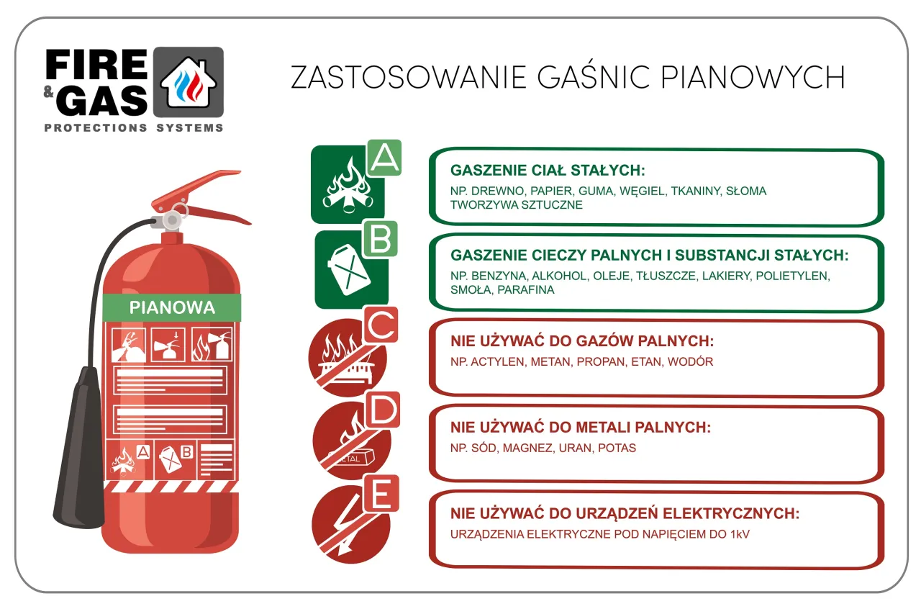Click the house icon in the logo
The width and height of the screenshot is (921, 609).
point(188,81)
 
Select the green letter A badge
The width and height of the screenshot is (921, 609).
point(384,158)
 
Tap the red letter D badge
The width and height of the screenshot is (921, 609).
point(381,410)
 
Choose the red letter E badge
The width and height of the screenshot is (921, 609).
point(381,494)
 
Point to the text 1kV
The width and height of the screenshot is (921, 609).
point(739,534)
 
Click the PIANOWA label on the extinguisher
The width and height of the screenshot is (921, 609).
point(172,307)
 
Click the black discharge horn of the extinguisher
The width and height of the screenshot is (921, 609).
point(78,453)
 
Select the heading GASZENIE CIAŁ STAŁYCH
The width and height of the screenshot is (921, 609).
point(548,171)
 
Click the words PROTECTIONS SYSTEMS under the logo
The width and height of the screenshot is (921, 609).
point(134,127)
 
